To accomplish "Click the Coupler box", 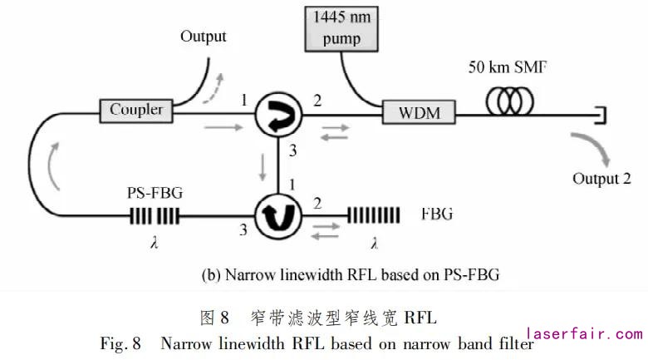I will [x=136, y=109].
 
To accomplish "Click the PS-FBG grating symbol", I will [x=153, y=218].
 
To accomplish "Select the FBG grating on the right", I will [x=372, y=217].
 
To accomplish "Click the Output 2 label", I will [x=601, y=178].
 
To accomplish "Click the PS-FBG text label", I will [x=151, y=192].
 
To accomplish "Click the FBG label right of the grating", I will [x=436, y=214].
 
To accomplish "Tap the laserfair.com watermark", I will [x=584, y=333].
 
